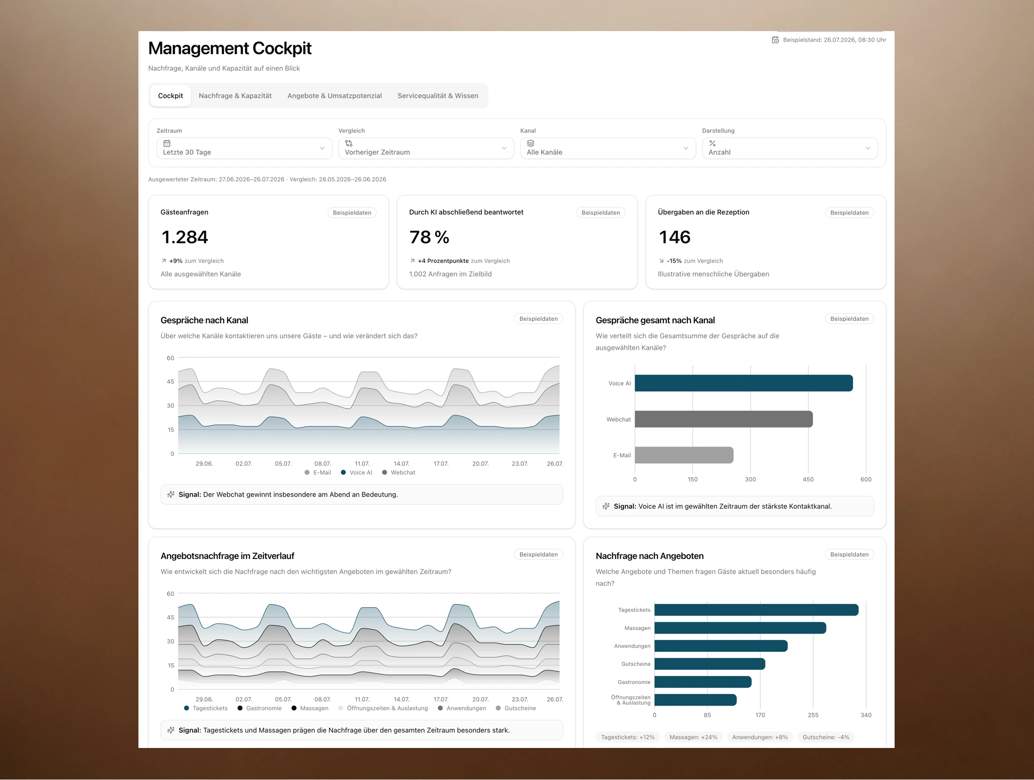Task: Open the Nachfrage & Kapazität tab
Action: (x=235, y=96)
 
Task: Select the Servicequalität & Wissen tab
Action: (x=437, y=96)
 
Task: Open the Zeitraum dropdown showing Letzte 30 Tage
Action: (x=244, y=148)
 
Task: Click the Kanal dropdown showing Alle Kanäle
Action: (x=607, y=148)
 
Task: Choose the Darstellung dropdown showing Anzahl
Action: (x=790, y=148)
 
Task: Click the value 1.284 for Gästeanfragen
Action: (x=185, y=237)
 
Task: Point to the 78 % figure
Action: (x=429, y=237)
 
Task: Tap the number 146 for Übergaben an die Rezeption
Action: (x=674, y=237)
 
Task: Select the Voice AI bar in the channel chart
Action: (x=743, y=383)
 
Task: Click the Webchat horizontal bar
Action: (x=723, y=419)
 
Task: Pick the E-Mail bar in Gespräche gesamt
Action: (x=684, y=455)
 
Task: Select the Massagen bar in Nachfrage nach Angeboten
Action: (x=740, y=628)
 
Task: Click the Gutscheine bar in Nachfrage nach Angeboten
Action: (x=710, y=664)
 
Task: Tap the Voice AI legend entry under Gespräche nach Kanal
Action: (x=356, y=472)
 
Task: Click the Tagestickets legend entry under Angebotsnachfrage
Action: (x=206, y=708)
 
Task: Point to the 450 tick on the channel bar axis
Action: (x=808, y=479)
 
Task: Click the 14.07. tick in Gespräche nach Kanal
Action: (x=401, y=464)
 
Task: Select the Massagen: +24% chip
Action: (x=693, y=737)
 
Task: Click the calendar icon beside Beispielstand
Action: (x=775, y=40)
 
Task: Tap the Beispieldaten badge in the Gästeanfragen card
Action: (x=352, y=212)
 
